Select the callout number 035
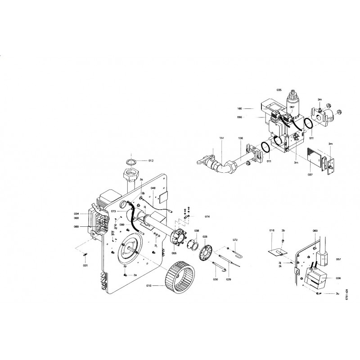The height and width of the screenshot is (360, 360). click(279, 90)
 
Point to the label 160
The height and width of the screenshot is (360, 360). click(239, 108)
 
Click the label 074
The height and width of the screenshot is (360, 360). click(207, 217)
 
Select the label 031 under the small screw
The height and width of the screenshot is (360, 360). click(85, 265)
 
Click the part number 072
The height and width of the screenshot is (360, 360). click(235, 240)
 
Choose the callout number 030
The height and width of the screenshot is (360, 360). click(216, 279)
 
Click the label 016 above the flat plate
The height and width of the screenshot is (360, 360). click(272, 230)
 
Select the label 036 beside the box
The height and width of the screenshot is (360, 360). click(338, 279)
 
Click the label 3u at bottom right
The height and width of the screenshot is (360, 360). click(337, 294)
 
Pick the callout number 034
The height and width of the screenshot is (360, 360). click(76, 213)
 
